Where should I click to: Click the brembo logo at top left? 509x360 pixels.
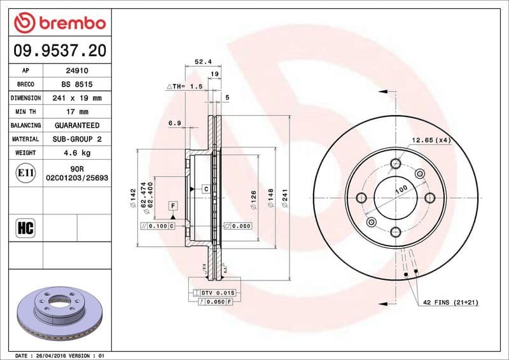tap(59, 24)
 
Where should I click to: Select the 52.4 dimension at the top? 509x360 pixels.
tap(202, 62)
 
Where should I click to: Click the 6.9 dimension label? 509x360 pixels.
tap(175, 122)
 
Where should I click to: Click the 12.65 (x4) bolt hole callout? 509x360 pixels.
tap(431, 140)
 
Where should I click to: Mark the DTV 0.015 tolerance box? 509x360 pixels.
tap(218, 292)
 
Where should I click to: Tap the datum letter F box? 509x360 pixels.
tap(172, 205)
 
